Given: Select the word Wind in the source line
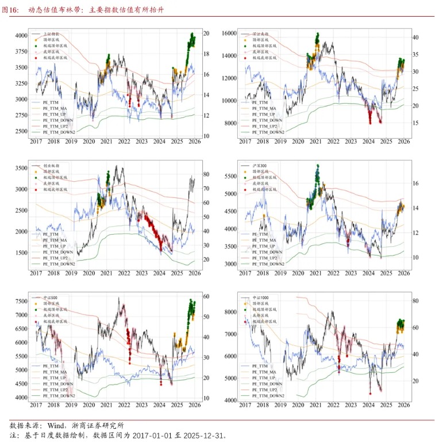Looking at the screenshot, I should click(56, 425).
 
